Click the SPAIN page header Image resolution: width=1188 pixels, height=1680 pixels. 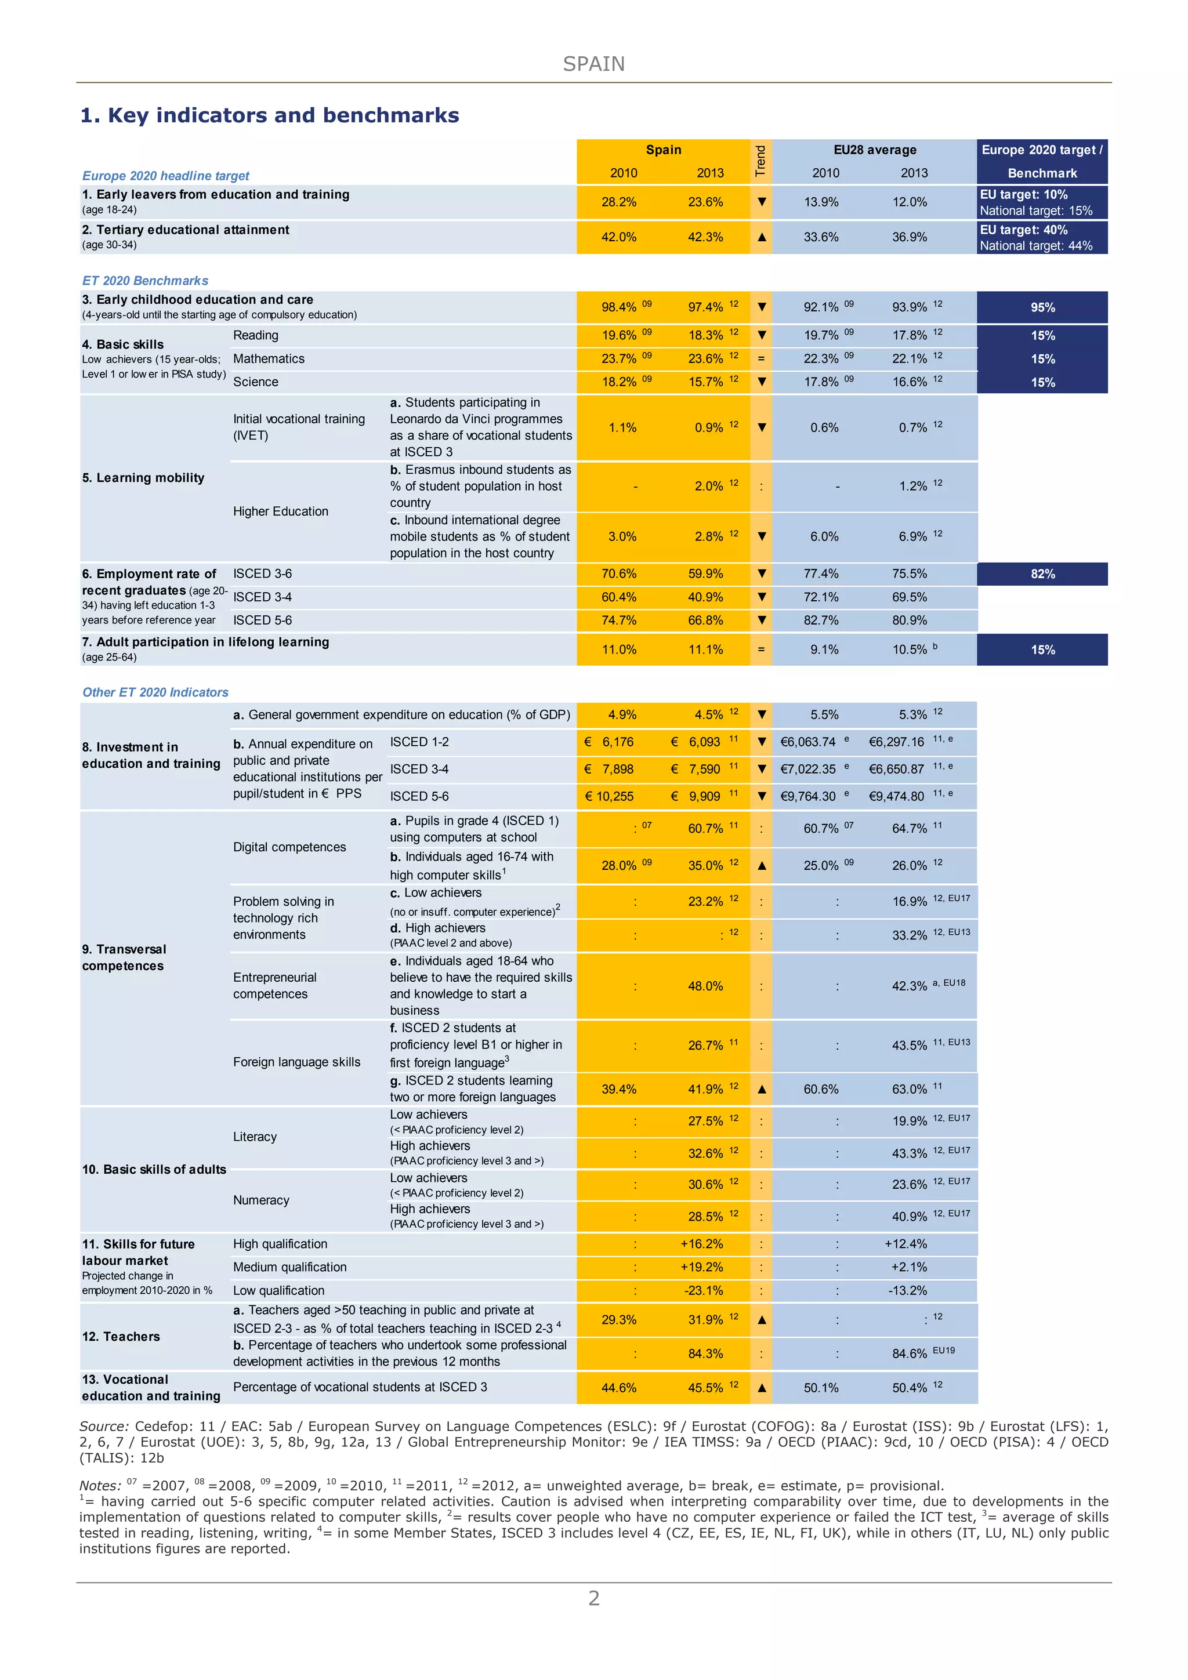pyautogui.click(x=593, y=64)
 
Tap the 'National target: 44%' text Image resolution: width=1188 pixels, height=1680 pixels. pyautogui.click(x=1036, y=246)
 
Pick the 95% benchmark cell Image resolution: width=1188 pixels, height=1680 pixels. pyautogui.click(x=1042, y=307)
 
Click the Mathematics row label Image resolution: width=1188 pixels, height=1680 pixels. pyautogui.click(x=269, y=358)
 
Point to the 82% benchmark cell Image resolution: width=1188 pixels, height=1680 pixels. pyautogui.click(x=1042, y=574)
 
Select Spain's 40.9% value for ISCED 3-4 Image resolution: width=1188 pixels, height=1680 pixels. pyautogui.click(x=705, y=597)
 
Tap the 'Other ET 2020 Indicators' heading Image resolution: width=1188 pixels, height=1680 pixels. pyautogui.click(x=155, y=692)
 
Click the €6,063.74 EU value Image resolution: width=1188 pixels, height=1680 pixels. pyautogui.click(x=807, y=742)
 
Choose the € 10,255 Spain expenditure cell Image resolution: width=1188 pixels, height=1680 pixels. pyautogui.click(x=609, y=796)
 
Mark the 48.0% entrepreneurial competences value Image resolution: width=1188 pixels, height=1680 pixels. pyautogui.click(x=705, y=986)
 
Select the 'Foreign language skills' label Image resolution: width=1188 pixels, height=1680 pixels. pyautogui.click(x=296, y=1062)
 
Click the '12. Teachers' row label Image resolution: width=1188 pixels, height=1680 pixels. pyautogui.click(x=121, y=1336)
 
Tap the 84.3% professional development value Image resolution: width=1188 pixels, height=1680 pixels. pyautogui.click(x=705, y=1354)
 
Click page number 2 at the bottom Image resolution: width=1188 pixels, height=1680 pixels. pyautogui.click(x=593, y=1598)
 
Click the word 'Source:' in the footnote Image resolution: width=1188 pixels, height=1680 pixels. pyautogui.click(x=104, y=1426)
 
